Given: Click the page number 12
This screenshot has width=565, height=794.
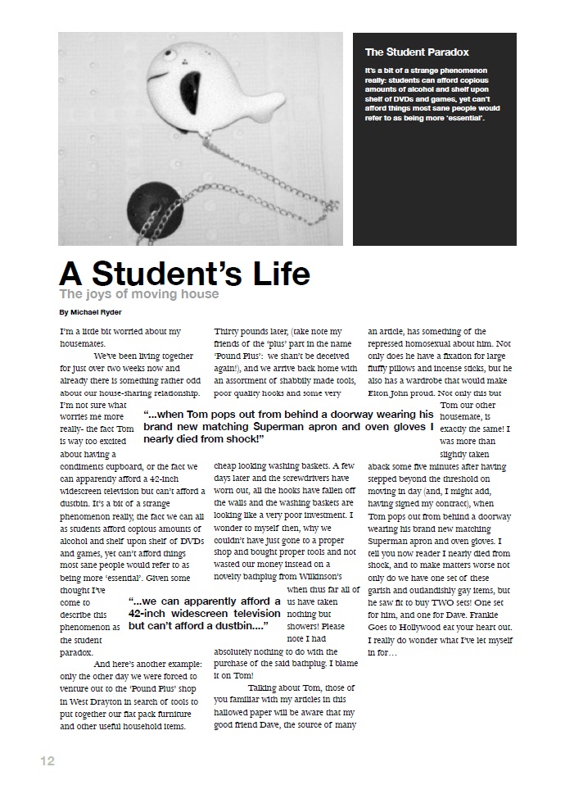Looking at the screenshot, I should click(47, 760).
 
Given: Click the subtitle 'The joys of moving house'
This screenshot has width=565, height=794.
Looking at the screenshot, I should click(138, 294).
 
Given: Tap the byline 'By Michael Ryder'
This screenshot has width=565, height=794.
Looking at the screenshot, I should click(91, 312).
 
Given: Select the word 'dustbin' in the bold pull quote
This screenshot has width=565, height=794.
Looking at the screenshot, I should click(231, 626).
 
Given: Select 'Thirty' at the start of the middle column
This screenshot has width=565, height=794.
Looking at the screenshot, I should click(228, 331).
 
